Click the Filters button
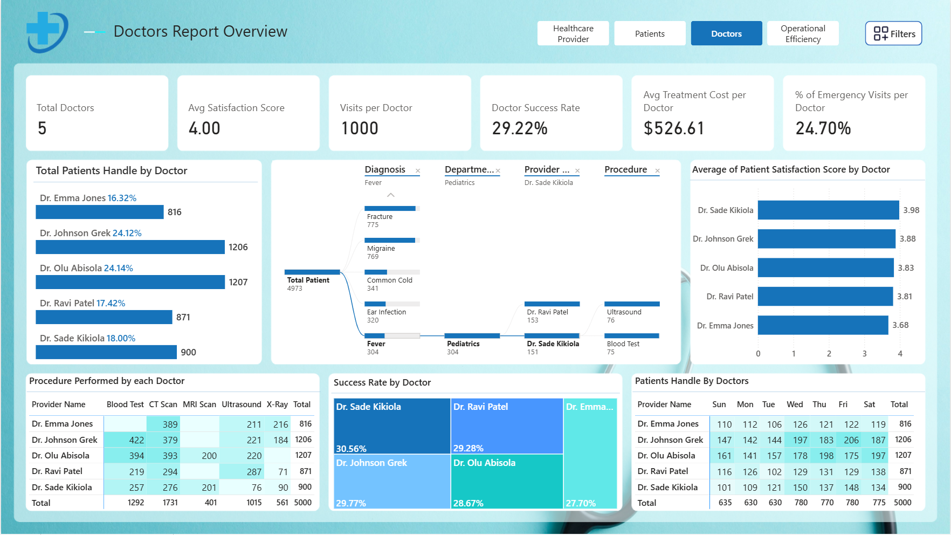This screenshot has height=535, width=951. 893,33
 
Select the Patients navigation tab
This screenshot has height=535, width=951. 650,33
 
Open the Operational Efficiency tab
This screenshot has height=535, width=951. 803,33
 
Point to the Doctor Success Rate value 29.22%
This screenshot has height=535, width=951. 520,128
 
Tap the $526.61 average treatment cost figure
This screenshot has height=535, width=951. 674,128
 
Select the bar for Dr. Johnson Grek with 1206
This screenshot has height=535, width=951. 130,247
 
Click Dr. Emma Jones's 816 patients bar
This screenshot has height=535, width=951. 100,212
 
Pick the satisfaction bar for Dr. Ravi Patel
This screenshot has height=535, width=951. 825,297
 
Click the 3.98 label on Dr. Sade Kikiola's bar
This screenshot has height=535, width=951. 911,210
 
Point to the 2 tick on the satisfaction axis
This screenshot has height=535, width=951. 829,354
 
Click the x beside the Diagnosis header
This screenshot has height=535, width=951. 418,171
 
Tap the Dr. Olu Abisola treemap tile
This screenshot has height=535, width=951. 507,482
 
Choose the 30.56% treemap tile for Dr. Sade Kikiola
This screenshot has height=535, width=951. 392,426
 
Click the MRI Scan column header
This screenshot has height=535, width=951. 199,404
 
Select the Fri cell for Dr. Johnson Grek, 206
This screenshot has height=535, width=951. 851,440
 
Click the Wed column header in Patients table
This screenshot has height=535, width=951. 795,404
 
